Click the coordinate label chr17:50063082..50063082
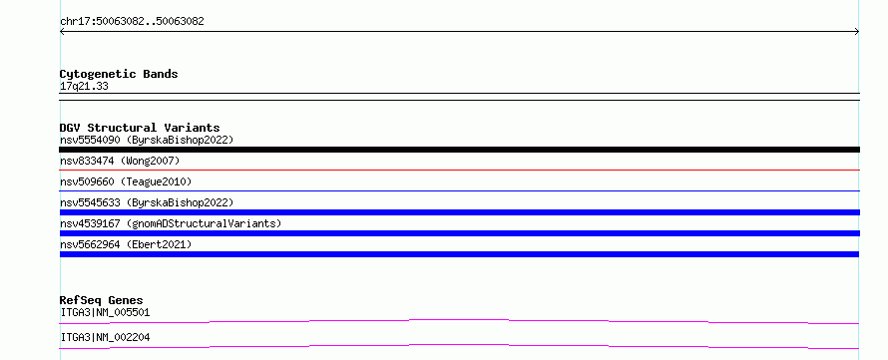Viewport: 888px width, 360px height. coord(132,22)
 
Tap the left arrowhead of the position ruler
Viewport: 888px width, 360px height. coord(62,32)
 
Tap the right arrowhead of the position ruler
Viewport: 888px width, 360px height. coord(857,32)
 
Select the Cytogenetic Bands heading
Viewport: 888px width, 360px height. coord(119,74)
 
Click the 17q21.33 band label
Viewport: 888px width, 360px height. coord(84,87)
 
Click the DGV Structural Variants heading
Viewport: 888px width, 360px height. coord(140,128)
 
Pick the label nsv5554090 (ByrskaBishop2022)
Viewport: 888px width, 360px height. coord(147,140)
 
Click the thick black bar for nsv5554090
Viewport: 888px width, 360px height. coord(459,150)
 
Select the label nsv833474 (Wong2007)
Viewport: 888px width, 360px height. coord(120,162)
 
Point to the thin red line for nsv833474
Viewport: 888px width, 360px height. coord(459,170)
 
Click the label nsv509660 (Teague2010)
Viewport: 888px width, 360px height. coord(126,181)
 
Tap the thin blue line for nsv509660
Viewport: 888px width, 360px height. coord(459,190)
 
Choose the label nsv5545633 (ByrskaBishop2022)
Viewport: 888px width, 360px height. coord(147,202)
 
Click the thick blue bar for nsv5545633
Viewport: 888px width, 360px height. coord(459,212)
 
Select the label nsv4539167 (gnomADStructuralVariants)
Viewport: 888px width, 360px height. coord(171,223)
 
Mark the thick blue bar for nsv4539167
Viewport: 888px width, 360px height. coord(459,233)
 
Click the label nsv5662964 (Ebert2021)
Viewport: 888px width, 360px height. coord(126,244)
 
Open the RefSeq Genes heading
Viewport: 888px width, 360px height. coord(102,300)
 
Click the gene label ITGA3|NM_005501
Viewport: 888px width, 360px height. coord(105,312)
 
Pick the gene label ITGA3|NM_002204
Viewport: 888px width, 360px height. coord(105,337)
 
